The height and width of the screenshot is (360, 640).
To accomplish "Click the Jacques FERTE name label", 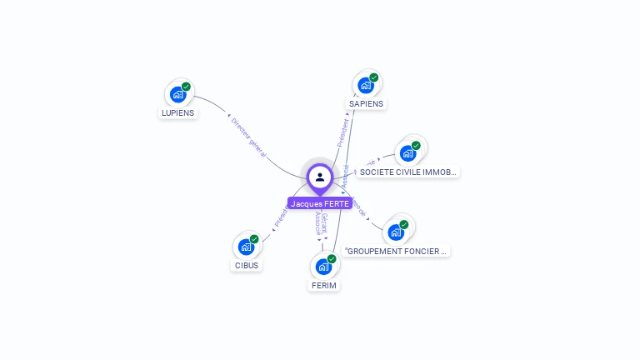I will coord(320,203).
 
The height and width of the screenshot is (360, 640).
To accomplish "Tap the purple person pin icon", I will coord(320,177).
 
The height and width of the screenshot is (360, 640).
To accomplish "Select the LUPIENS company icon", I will coord(177,94).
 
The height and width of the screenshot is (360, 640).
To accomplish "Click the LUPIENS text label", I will coord(177,113).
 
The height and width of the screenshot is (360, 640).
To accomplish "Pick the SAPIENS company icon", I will coord(366,85).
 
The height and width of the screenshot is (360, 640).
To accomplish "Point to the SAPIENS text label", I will coord(366,104).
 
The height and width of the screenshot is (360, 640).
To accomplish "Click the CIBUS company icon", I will coord(246,247).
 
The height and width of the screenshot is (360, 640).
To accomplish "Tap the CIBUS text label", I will coord(246,266).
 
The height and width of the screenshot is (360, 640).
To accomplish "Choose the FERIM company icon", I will coord(323,267).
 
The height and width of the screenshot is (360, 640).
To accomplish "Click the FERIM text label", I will coord(323,286).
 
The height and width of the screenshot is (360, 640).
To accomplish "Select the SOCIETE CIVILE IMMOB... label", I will coord(407,172).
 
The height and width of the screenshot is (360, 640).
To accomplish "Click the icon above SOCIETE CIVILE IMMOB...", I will coord(407,153).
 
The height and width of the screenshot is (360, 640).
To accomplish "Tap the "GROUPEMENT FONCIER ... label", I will coord(397,251).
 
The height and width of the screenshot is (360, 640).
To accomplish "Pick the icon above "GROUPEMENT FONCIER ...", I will coord(396,232).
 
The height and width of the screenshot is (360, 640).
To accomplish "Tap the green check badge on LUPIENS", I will coord(186,87).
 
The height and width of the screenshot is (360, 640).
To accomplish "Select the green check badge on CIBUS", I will coord(254,239).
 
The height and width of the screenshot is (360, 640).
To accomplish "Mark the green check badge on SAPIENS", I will coord(374,77).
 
